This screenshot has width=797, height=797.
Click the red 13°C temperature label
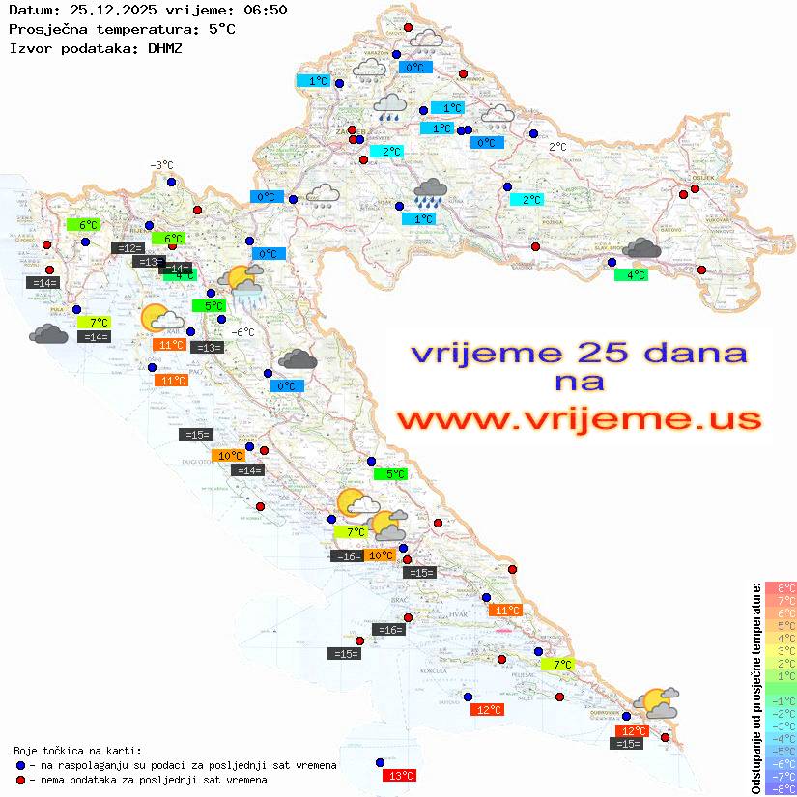[400, 775]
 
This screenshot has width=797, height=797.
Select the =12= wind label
[128, 248]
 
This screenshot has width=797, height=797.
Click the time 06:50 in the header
[264, 10]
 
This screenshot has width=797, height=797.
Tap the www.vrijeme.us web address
[578, 419]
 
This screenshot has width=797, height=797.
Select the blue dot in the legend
[19, 765]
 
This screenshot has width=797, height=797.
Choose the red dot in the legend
[19, 780]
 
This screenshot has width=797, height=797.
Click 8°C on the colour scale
[780, 588]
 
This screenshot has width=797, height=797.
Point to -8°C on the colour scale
[779, 788]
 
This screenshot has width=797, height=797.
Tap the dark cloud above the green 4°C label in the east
[641, 248]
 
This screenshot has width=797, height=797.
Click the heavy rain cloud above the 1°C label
[430, 192]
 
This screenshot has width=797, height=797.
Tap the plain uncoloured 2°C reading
[557, 147]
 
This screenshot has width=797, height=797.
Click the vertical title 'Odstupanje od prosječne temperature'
[754, 689]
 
